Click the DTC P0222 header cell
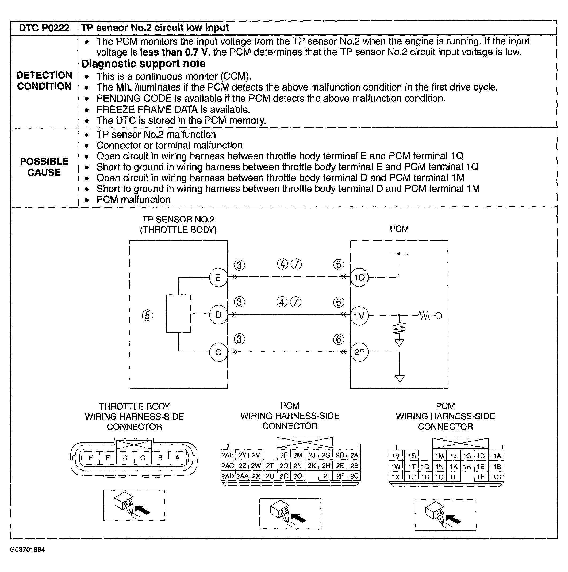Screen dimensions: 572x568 (44, 28)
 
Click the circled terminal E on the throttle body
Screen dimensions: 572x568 (218, 277)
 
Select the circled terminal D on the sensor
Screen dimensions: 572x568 (218, 315)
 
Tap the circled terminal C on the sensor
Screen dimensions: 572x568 (218, 352)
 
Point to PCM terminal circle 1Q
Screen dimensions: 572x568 (359, 277)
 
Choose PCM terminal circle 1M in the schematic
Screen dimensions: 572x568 (359, 316)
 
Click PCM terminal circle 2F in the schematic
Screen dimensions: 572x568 (359, 352)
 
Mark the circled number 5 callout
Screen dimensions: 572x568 (148, 315)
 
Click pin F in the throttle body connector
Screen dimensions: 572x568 (91, 458)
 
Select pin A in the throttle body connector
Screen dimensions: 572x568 (177, 458)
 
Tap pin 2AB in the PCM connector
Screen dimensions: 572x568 (228, 455)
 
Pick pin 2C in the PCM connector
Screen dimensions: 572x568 (354, 476)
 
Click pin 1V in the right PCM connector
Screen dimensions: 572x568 (396, 456)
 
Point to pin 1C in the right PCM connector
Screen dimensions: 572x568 (497, 477)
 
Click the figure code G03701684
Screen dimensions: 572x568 (27, 550)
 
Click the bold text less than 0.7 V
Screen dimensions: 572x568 (174, 52)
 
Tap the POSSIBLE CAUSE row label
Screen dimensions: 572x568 (44, 167)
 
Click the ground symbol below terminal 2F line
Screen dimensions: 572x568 (400, 379)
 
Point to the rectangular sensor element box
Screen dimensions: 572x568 (178, 314)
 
